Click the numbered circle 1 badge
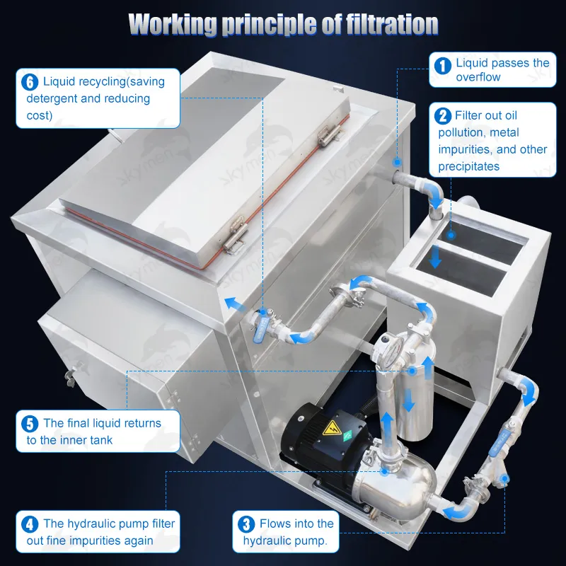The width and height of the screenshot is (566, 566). tap(442, 66)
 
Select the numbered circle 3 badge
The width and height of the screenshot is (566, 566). tap(246, 524)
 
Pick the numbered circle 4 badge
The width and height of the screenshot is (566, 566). tap(30, 524)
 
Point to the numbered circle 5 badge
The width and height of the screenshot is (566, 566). tap(30, 424)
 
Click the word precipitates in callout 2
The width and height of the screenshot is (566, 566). tap(468, 167)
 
